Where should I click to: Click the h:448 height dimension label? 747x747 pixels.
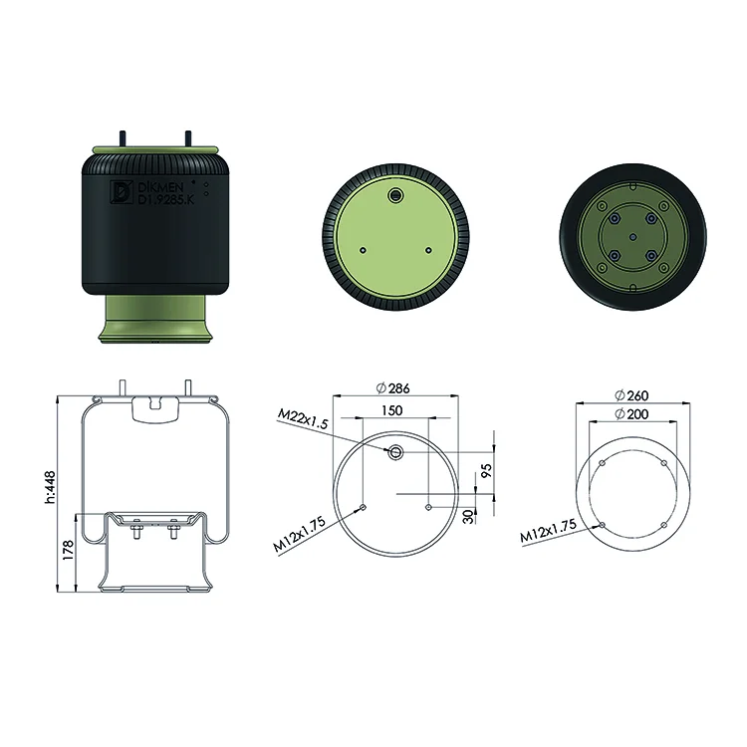tap(50, 487)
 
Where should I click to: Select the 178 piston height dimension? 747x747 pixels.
tap(69, 550)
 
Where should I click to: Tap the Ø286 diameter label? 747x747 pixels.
tap(392, 388)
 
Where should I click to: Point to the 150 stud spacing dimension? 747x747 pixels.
tap(391, 410)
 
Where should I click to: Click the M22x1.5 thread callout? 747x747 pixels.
tap(303, 419)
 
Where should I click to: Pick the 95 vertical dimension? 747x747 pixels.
tap(486, 471)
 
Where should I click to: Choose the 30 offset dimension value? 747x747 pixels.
tap(469, 516)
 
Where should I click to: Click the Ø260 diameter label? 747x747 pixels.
tap(631, 395)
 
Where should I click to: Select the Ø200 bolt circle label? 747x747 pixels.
tap(631, 414)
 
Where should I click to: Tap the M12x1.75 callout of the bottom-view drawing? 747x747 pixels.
tap(548, 530)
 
